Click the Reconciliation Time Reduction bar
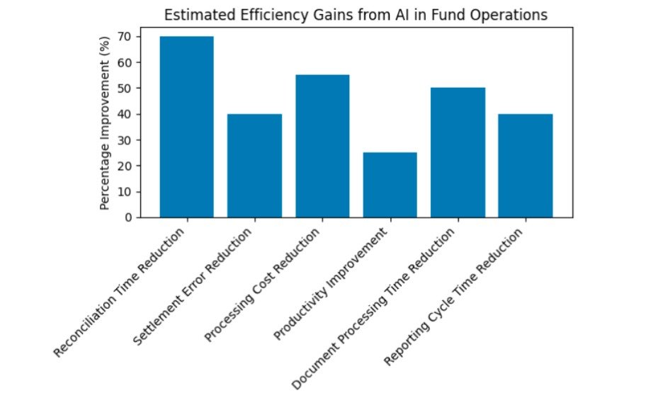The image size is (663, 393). point(186,127)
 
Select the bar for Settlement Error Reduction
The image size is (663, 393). point(254,166)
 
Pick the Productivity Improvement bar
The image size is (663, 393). point(390,185)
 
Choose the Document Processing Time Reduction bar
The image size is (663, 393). point(458,153)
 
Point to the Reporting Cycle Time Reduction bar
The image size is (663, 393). point(525,166)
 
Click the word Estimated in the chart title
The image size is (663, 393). point(189,15)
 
